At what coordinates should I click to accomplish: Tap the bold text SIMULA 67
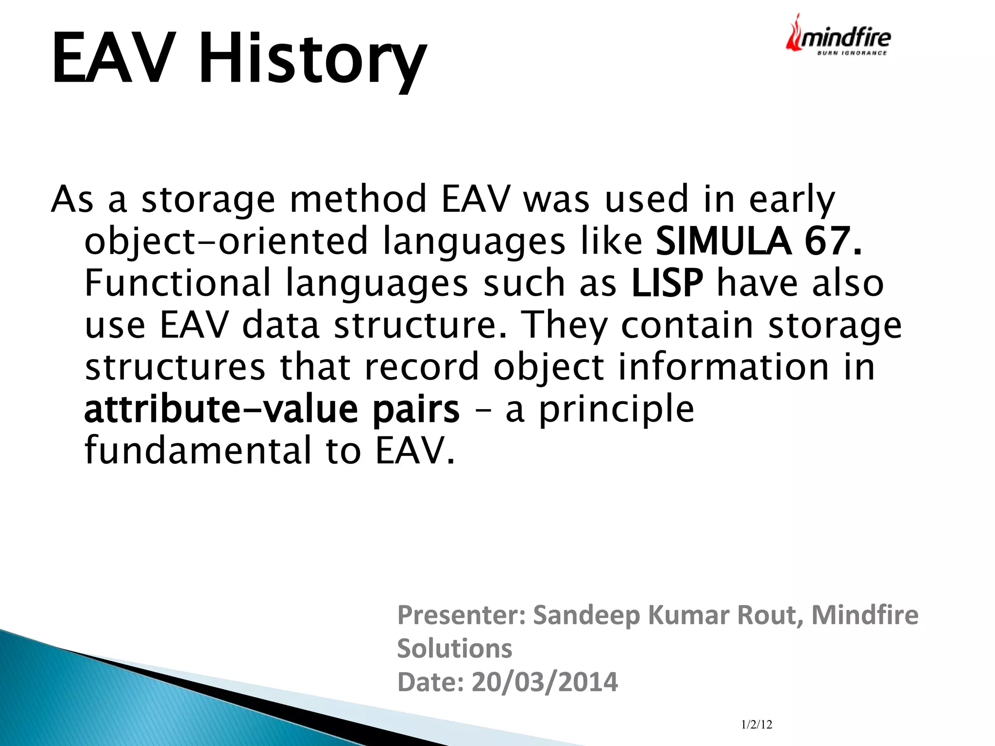(758, 241)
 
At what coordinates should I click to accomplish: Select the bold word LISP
(667, 283)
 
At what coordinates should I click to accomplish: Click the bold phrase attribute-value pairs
(271, 409)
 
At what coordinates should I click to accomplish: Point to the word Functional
(177, 283)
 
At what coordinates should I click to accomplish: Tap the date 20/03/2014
(544, 682)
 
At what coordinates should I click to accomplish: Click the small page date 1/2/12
(756, 725)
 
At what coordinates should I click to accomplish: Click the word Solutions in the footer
(454, 649)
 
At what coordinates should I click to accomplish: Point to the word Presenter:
(462, 615)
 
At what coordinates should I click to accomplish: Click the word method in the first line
(358, 199)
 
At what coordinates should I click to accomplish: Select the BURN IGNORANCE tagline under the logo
(852, 53)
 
